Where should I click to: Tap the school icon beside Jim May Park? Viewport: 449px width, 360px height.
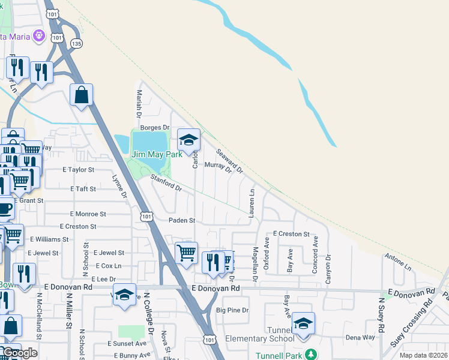point(188,140)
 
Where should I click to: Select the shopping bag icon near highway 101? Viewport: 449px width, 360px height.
point(81,95)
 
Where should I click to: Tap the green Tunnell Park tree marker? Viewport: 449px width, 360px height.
point(310,355)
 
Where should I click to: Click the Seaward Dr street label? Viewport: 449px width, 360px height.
point(229,160)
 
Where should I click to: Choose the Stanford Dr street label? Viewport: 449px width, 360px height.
point(166,183)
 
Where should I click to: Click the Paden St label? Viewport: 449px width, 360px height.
point(182,220)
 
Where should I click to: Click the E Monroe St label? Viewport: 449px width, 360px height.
point(88,214)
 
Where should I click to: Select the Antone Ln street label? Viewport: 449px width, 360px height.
point(398,262)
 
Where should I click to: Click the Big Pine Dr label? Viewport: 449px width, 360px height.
point(232,310)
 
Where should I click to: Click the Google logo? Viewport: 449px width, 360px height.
point(20,353)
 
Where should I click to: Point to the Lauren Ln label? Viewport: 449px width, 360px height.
point(253,202)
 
